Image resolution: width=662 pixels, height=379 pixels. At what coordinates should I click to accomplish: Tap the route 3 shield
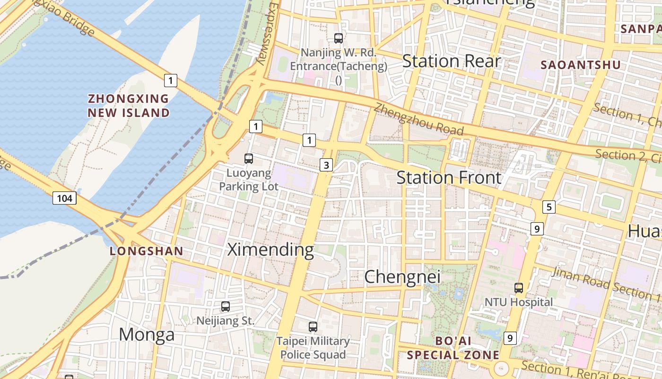point(326,165)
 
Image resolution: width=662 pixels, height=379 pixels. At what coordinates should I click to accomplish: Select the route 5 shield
point(549,207)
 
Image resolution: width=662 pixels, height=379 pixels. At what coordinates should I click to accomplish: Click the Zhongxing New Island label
point(129,106)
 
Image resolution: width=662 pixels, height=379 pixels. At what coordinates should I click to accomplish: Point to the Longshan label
point(146,251)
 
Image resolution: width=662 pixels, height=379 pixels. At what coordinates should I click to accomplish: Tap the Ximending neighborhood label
point(270,250)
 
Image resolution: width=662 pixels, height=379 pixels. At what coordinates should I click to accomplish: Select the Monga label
point(147,334)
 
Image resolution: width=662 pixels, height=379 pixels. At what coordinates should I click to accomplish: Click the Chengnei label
point(402,277)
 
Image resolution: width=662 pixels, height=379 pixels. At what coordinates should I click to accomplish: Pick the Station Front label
point(449,178)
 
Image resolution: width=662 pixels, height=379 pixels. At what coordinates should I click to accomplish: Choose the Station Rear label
point(451,61)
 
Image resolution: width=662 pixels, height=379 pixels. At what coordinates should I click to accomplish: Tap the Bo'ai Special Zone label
point(453,348)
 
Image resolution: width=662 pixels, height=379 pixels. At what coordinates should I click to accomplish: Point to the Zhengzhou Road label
point(418,119)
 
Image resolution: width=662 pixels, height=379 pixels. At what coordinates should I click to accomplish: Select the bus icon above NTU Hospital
point(519,288)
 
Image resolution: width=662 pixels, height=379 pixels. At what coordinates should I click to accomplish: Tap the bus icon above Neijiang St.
point(226,307)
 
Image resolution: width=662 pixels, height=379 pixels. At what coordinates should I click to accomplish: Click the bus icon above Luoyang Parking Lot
point(249,159)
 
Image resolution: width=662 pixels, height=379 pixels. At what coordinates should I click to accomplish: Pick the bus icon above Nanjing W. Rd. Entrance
point(339,38)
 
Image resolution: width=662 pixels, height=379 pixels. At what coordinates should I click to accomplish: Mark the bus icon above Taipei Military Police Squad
point(313,326)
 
